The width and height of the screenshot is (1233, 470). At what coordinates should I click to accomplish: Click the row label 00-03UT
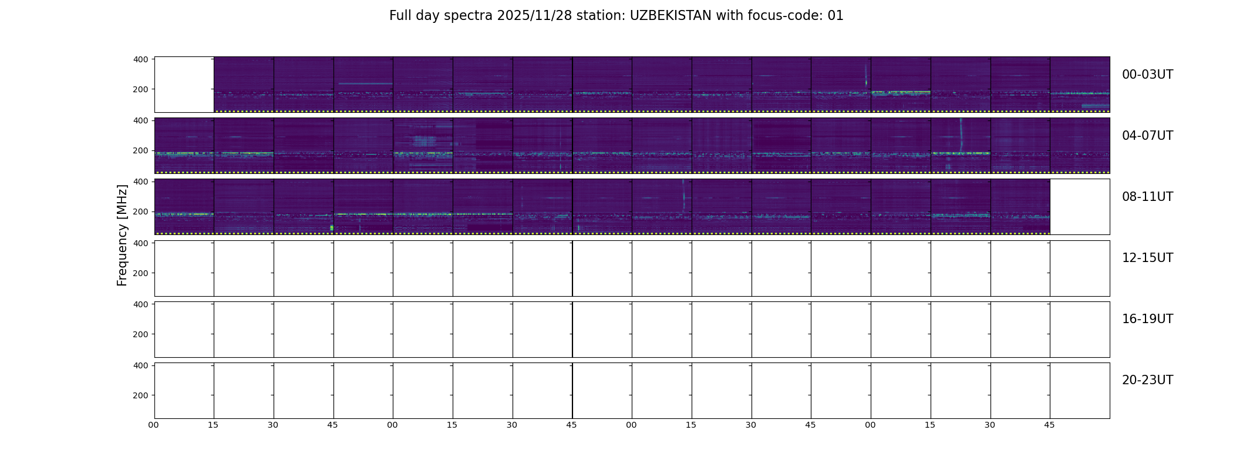click(1147, 75)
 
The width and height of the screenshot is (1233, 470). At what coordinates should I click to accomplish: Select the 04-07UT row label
click(1147, 136)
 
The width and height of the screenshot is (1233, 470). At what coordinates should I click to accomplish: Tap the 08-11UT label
click(1147, 197)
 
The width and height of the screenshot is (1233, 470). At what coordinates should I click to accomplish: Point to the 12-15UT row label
click(1147, 258)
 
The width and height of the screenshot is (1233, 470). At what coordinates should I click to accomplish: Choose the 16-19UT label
click(1147, 319)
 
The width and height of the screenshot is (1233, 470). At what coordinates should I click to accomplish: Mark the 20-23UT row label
click(1147, 380)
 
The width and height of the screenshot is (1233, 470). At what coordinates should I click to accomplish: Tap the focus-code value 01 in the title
click(836, 16)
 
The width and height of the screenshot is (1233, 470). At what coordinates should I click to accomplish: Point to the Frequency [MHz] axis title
click(122, 235)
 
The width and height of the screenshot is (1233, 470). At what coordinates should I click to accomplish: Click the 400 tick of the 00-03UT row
click(141, 59)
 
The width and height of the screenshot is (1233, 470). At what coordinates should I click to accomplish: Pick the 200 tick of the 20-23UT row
click(141, 395)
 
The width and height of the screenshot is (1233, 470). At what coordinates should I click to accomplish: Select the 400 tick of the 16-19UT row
click(141, 304)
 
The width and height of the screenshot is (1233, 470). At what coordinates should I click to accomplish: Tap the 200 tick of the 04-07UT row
click(141, 150)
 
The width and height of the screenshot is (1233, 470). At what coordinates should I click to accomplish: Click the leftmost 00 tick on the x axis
click(154, 425)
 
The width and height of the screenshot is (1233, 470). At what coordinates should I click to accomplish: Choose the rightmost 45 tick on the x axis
click(1050, 425)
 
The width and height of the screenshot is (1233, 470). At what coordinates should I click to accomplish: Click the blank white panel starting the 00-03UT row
click(184, 85)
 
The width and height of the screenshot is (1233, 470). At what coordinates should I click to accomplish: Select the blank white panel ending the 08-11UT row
click(1080, 207)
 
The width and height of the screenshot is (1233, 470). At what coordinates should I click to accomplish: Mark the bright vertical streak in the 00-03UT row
click(866, 76)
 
